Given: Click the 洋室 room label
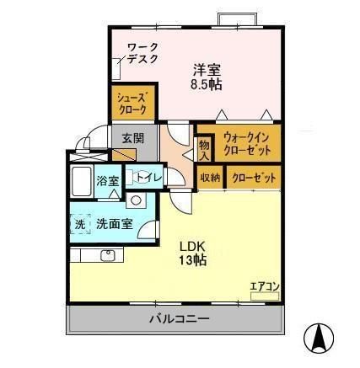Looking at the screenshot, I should click(x=207, y=69).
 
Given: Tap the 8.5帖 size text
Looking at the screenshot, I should click(x=207, y=84).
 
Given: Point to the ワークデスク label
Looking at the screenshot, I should click(x=143, y=53).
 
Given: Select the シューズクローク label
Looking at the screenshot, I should click(x=132, y=104).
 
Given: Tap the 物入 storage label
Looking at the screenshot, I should click(x=204, y=150).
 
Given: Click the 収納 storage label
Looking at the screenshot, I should click(x=210, y=178).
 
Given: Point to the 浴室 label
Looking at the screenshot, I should click(x=107, y=180).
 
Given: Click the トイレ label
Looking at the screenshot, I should click(x=149, y=177).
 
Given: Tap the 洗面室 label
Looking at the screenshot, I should click(x=113, y=225).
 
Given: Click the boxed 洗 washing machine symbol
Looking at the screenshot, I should click(x=80, y=225).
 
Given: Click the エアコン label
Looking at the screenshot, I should click(x=264, y=286).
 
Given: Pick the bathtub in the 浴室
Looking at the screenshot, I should click(x=82, y=180).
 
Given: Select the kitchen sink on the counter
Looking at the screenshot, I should click(x=107, y=254).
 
